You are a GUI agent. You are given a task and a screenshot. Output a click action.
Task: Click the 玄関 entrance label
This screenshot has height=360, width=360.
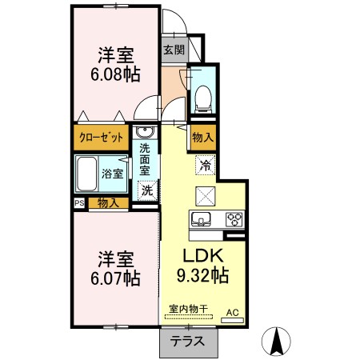pyautogui.click(x=174, y=50)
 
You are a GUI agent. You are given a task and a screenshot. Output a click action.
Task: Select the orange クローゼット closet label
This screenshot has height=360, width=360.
pyautogui.click(x=101, y=138)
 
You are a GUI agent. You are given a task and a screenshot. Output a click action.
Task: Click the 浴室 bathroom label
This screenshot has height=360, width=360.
pyautogui.click(x=112, y=173)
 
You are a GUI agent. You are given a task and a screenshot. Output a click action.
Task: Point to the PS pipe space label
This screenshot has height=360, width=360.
pyautogui.click(x=78, y=203)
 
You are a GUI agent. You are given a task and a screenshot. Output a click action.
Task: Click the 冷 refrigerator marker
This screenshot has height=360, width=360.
pyautogui.click(x=206, y=166)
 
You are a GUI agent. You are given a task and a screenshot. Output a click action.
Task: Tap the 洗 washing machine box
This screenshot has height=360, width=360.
pyautogui.click(x=146, y=190)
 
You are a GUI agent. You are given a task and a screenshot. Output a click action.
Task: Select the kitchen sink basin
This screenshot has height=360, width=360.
pyautogui.click(x=200, y=218)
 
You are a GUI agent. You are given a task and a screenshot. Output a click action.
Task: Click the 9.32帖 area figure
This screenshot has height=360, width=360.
pyautogui.click(x=202, y=278)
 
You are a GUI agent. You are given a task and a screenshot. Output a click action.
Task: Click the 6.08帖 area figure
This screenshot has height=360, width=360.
pyautogui.click(x=116, y=74)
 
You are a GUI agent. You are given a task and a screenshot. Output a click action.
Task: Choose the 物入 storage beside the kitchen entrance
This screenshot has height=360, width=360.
pyautogui.click(x=202, y=138)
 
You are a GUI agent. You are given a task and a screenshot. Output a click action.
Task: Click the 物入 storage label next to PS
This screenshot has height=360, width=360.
pyautogui.click(x=108, y=203)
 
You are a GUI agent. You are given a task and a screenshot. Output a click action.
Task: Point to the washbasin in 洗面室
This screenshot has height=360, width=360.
pyautogui.click(x=145, y=133)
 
